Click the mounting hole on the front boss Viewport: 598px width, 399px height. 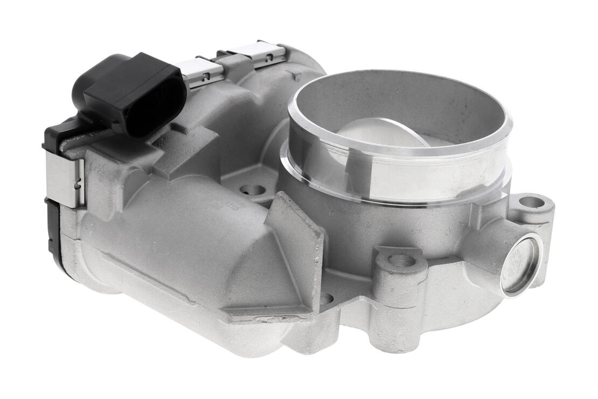(x=401, y=260)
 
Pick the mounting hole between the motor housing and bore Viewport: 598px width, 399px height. (x=252, y=190)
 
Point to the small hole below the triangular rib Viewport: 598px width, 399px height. (x=326, y=298)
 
